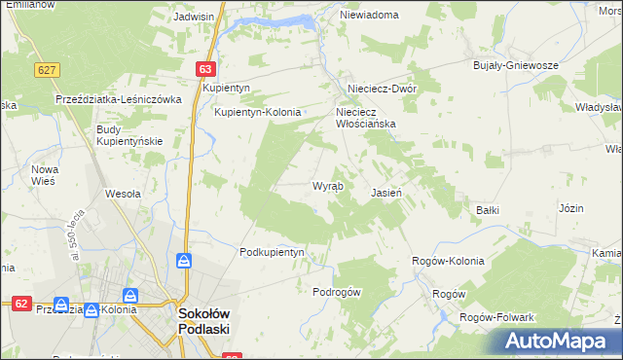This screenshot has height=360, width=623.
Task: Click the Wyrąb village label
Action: pyautogui.click(x=327, y=186)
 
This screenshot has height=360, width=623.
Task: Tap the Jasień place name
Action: pyautogui.click(x=386, y=193)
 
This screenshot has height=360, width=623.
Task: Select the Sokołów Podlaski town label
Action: pyautogui.click(x=203, y=320)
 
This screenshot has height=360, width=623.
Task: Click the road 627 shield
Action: pyautogui.click(x=45, y=70)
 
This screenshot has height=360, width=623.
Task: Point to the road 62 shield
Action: pyautogui.click(x=20, y=304)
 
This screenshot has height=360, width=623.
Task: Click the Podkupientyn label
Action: pyautogui.click(x=273, y=252)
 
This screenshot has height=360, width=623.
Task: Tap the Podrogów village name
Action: pyautogui.click(x=337, y=292)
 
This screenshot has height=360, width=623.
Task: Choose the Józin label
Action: pyautogui.click(x=570, y=208)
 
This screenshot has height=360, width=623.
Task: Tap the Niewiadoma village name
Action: pyautogui.click(x=369, y=16)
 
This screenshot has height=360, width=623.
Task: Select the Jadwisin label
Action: pyautogui.click(x=194, y=17)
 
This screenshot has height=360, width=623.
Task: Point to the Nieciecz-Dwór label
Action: pyautogui.click(x=376, y=87)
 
